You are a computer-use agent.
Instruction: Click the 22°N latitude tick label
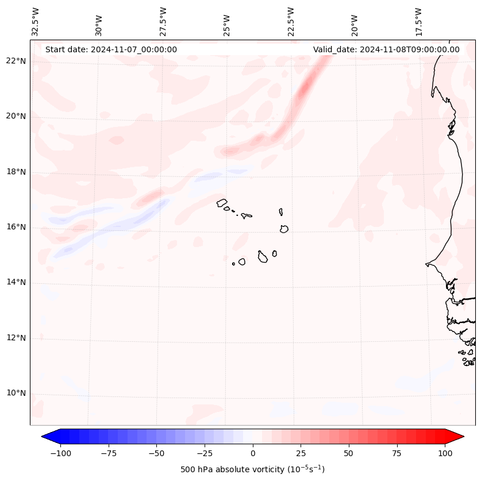click(16, 61)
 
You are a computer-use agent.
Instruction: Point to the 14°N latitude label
click(16, 282)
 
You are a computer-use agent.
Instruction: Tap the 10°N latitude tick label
click(16, 394)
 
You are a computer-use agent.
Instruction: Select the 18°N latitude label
click(16, 172)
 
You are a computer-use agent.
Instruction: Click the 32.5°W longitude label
click(36, 22)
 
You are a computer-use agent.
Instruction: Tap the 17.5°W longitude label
click(418, 22)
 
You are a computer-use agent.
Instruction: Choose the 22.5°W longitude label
click(291, 22)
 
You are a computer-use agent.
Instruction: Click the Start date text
click(111, 49)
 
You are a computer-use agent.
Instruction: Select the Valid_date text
click(386, 49)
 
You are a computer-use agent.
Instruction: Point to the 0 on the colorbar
click(253, 453)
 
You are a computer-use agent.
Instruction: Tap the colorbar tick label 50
click(348, 453)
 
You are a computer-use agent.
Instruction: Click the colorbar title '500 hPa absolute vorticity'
click(252, 469)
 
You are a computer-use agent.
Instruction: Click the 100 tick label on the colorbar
click(444, 453)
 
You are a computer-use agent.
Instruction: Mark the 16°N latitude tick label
click(16, 227)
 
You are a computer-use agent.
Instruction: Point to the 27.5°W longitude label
click(164, 22)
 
